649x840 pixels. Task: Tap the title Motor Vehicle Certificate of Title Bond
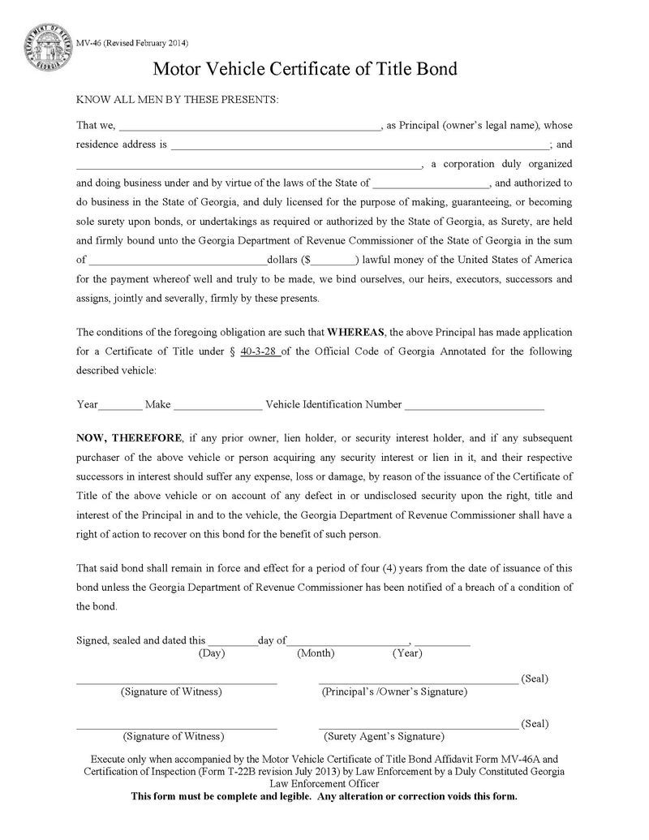click(x=305, y=70)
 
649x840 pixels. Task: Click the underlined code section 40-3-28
click(x=260, y=352)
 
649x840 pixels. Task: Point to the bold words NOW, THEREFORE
click(x=128, y=437)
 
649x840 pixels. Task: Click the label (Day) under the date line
click(x=212, y=653)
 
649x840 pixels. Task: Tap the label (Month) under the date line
click(x=316, y=653)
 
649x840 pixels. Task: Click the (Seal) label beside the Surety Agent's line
click(x=535, y=723)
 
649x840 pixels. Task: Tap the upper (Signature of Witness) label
click(x=171, y=692)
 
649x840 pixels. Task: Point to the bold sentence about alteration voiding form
click(x=324, y=796)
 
